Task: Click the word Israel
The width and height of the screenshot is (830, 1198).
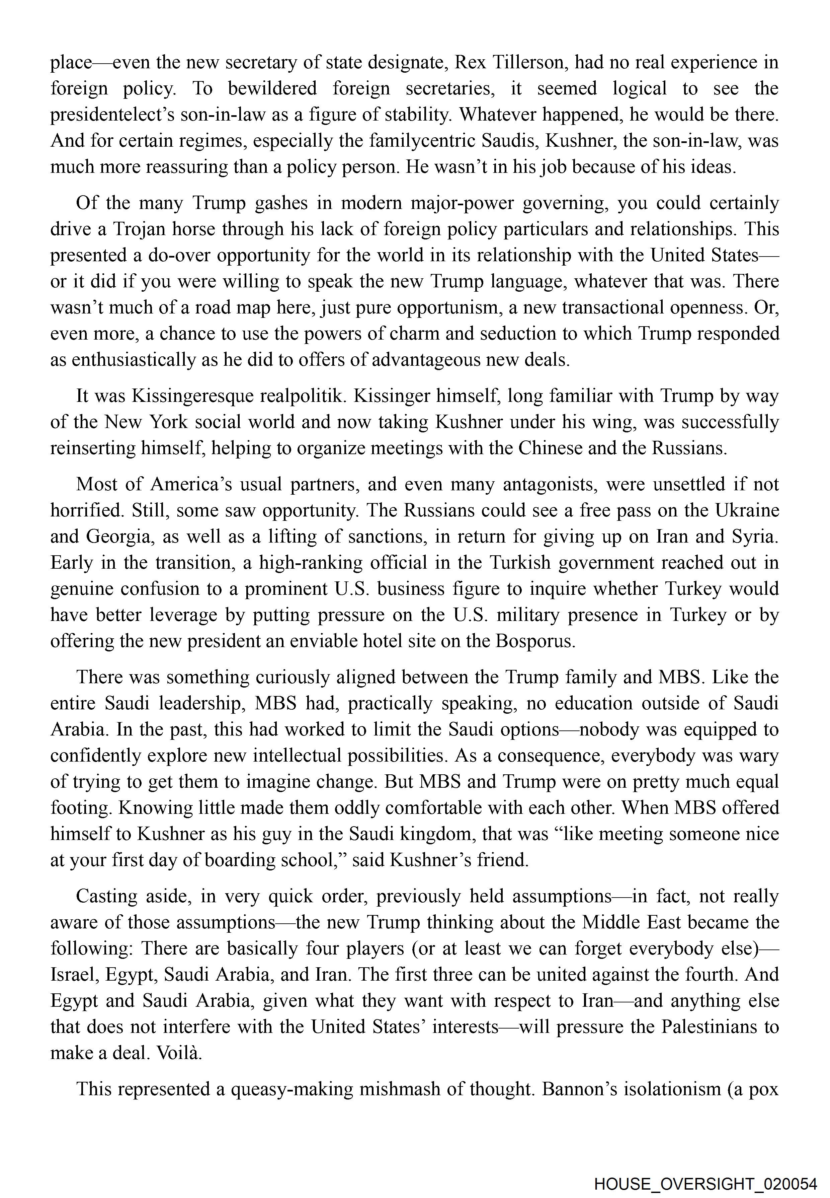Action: click(74, 974)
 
